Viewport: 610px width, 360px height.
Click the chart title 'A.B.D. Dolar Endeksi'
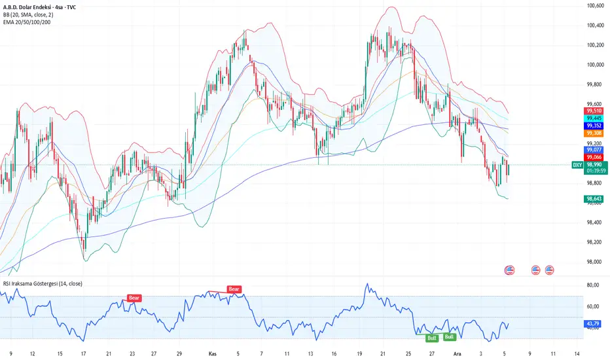tap(33, 5)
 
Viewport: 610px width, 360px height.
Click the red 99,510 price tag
tap(594, 111)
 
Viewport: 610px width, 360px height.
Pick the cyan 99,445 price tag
tap(594, 118)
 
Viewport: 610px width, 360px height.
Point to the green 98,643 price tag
tap(594, 199)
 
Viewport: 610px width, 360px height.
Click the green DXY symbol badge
tap(577, 166)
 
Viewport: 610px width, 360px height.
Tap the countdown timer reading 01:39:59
tap(594, 173)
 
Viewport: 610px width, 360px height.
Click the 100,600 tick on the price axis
tap(595, 5)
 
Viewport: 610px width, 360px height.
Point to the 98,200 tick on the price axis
tap(595, 242)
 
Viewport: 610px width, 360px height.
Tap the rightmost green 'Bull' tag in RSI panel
tap(450, 337)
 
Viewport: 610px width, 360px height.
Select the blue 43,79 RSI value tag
tap(594, 323)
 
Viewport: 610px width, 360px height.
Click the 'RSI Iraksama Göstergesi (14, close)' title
tap(47, 283)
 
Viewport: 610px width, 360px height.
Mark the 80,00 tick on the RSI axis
tap(594, 285)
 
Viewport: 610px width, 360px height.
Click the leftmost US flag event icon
tap(509, 270)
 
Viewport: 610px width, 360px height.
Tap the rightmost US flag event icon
tap(550, 270)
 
